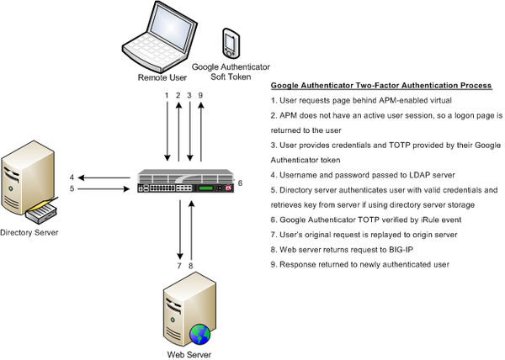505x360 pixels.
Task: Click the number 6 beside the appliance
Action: [241, 183]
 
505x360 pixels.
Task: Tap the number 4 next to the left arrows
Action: [72, 177]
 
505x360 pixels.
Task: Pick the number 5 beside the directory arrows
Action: [72, 189]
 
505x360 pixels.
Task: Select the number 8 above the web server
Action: [191, 266]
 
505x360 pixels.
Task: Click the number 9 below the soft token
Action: [200, 95]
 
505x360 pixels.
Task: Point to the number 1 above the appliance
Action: [167, 95]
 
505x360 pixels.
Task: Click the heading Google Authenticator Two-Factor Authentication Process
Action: [380, 87]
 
